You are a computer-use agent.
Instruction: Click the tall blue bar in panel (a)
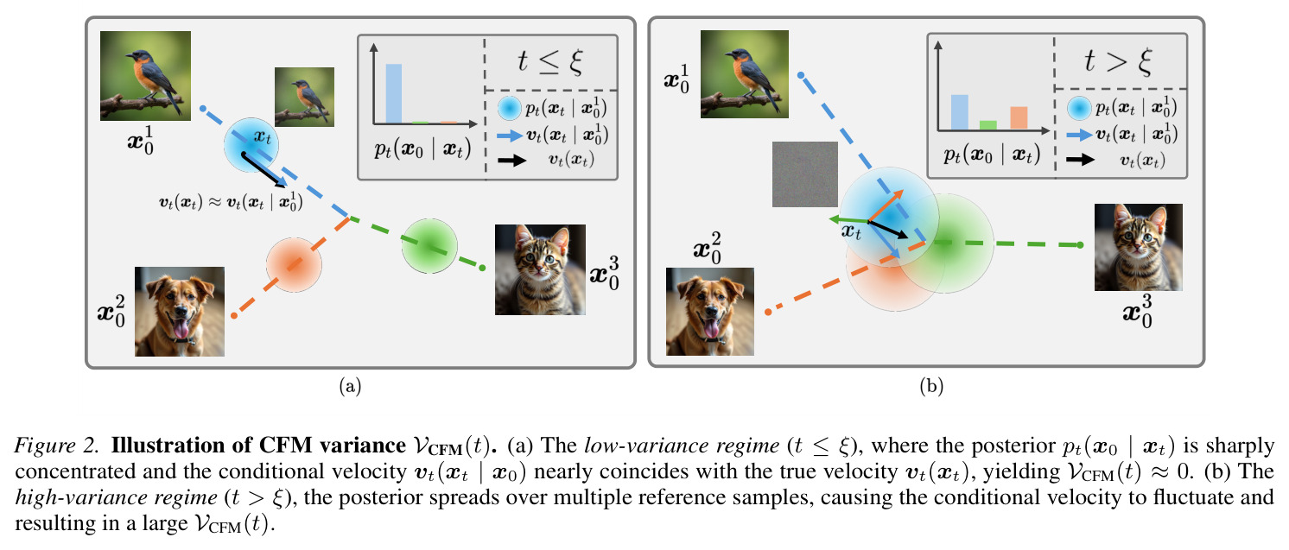pos(394,93)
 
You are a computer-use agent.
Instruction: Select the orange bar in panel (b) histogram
pos(1019,118)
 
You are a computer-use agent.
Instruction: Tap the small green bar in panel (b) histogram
pos(988,125)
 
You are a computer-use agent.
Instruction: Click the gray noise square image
pos(804,174)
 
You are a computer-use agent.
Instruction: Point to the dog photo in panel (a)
pos(180,311)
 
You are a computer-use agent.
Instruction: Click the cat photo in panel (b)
pos(1138,247)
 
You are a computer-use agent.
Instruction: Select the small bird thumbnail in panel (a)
pos(304,97)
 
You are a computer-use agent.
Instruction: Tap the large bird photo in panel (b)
pos(744,74)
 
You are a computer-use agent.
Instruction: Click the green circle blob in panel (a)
pos(429,246)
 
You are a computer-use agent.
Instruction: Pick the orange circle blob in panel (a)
pos(294,265)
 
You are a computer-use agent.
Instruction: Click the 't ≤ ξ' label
pos(550,61)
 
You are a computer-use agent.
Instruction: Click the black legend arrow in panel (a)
pos(512,161)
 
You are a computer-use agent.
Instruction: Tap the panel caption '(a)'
pos(350,386)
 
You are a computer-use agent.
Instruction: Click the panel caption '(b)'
pos(931,386)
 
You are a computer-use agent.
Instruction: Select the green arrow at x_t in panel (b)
pos(848,220)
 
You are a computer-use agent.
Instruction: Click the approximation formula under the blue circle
pos(231,203)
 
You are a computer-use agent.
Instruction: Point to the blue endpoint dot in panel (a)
pos(202,108)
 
